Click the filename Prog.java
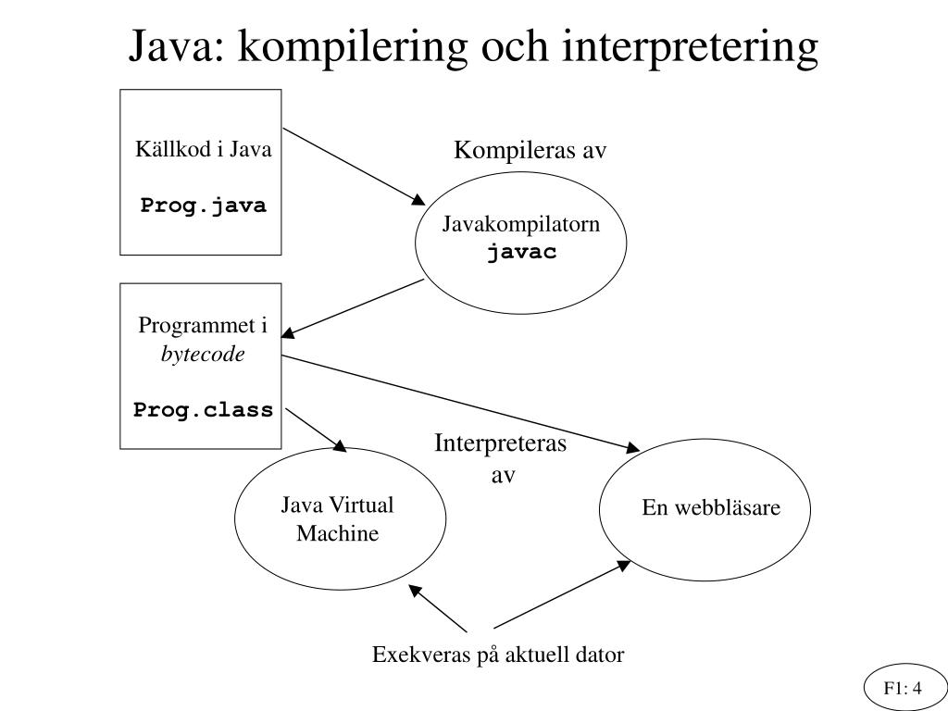[x=203, y=206]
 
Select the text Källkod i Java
[x=204, y=150]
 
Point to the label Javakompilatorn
[x=521, y=225]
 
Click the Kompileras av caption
[x=530, y=151]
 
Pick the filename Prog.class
[x=203, y=409]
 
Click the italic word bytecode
[x=203, y=355]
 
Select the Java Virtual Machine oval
[x=338, y=519]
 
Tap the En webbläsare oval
[x=705, y=508]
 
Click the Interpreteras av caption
[x=502, y=459]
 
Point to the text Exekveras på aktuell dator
[x=498, y=655]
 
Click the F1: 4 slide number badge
[x=903, y=688]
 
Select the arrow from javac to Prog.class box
[x=355, y=306]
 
